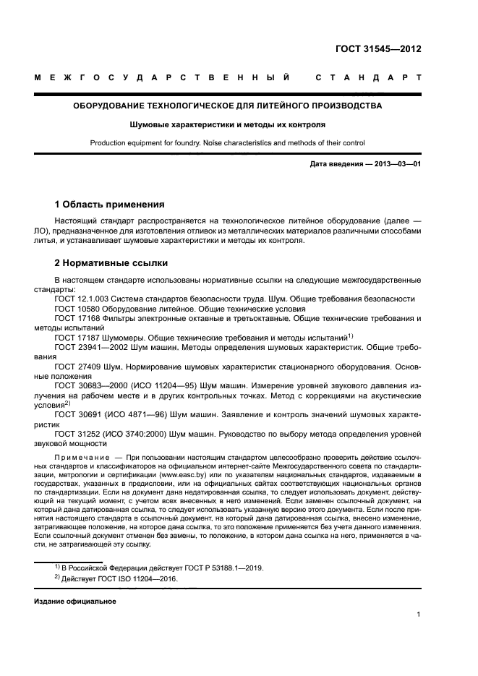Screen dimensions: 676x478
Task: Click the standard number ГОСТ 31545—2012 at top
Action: pyautogui.click(x=378, y=50)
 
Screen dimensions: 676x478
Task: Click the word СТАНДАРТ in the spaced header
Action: pyautogui.click(x=368, y=77)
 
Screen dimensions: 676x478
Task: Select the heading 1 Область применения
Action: pyautogui.click(x=110, y=205)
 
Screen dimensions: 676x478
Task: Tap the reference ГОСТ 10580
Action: pyautogui.click(x=77, y=308)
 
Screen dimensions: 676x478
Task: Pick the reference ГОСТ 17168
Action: pyautogui.click(x=77, y=318)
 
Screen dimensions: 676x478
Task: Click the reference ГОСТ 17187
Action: pyautogui.click(x=77, y=337)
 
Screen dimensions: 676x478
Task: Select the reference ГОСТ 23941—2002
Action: pyautogui.click(x=92, y=347)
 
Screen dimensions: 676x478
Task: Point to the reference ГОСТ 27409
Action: pyautogui.click(x=77, y=367)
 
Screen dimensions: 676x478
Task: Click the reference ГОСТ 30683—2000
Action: pyautogui.click(x=92, y=386)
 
